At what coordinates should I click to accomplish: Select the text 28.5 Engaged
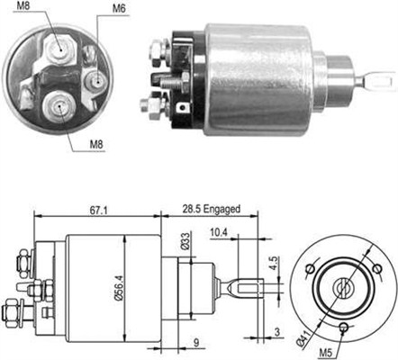click(213, 209)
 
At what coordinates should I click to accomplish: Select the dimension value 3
click(274, 333)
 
